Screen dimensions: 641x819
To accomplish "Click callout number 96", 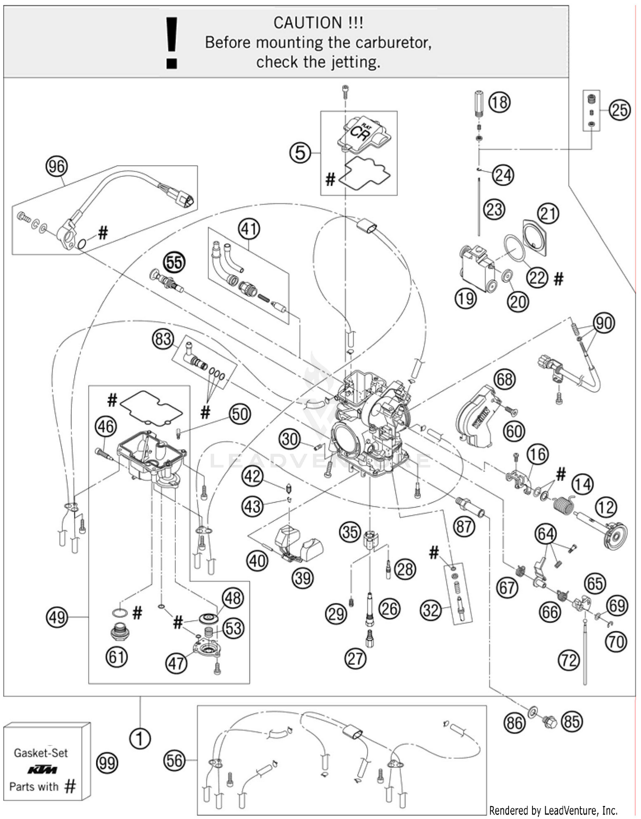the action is (x=56, y=166).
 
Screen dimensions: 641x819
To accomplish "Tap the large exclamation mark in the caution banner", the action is (x=172, y=43).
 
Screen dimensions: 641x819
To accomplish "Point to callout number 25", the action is (x=620, y=110).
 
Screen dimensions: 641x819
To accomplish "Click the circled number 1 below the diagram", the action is (x=140, y=738).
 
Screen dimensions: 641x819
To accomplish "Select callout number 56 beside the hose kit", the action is (x=174, y=760).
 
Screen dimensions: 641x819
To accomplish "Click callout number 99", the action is (x=107, y=763).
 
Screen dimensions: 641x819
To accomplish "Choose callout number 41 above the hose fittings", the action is (x=249, y=229).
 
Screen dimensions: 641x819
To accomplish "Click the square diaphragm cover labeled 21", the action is (x=535, y=237).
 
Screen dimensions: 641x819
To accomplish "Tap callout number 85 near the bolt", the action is (x=571, y=721).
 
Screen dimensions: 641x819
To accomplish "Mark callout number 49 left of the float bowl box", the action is (x=57, y=617).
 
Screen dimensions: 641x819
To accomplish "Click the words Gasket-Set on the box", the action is (x=41, y=753).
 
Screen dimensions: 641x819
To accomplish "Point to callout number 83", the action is (x=163, y=339).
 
